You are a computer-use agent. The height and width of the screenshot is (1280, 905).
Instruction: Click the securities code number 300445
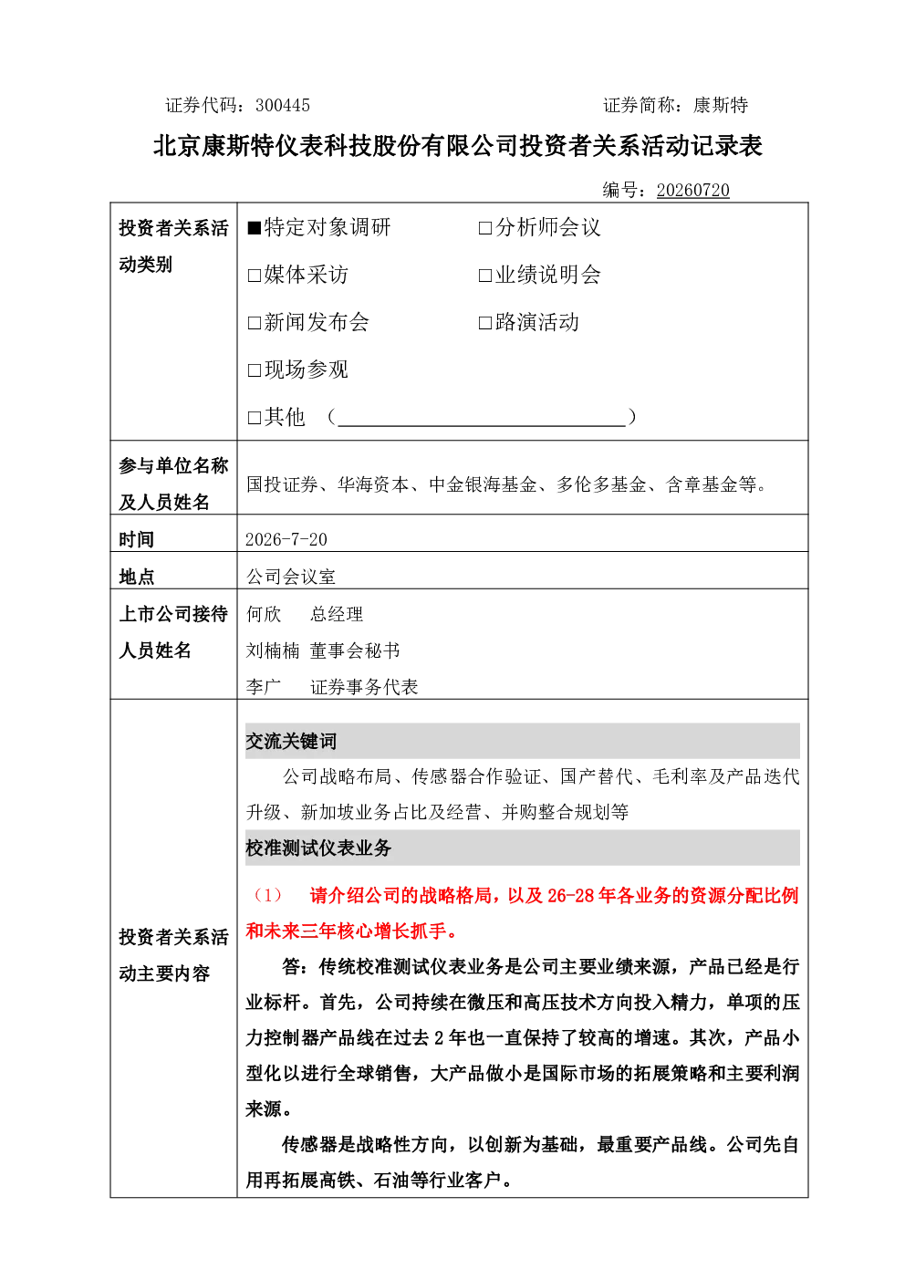(x=282, y=105)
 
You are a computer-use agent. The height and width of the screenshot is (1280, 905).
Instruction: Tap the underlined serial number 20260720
(x=692, y=190)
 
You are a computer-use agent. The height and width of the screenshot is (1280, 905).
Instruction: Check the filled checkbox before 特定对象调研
(x=255, y=229)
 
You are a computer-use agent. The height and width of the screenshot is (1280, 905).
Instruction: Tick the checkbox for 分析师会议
(x=485, y=229)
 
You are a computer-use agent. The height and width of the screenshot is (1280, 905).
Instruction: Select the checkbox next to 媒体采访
(x=255, y=276)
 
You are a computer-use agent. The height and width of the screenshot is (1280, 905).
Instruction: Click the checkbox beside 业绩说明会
(x=485, y=276)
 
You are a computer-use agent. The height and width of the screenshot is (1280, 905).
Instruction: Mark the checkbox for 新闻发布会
(x=255, y=324)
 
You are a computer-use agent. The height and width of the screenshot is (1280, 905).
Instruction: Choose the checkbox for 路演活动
(x=485, y=324)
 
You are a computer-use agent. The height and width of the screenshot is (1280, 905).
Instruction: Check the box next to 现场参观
(x=255, y=370)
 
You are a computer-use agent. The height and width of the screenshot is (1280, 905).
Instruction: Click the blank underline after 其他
(x=482, y=426)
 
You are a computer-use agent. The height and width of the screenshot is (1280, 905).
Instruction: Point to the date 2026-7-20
(x=286, y=539)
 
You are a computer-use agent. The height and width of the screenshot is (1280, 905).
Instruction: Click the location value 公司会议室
(x=291, y=577)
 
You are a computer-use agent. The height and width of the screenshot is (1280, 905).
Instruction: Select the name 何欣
(x=264, y=614)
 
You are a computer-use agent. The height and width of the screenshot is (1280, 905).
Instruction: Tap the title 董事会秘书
(x=355, y=650)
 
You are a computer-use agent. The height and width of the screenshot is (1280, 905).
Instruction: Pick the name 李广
(x=264, y=687)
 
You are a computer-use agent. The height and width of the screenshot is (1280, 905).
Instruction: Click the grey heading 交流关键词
(x=291, y=741)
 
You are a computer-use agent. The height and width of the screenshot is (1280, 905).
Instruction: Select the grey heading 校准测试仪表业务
(x=318, y=848)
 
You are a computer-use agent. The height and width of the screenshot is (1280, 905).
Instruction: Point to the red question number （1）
(x=267, y=895)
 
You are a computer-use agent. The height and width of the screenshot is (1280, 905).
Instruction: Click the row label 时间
(x=137, y=539)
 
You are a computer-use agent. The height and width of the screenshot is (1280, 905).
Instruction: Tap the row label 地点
(x=137, y=577)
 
